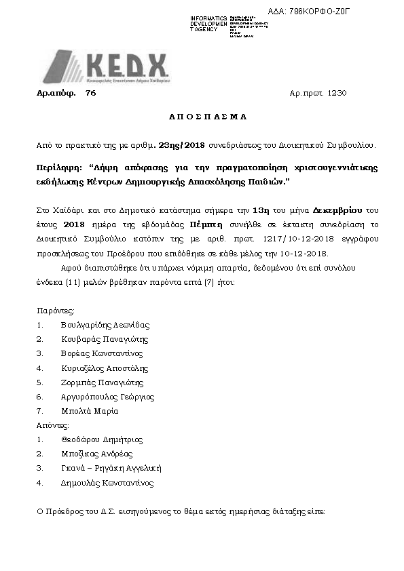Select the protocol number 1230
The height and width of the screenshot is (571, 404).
(337, 93)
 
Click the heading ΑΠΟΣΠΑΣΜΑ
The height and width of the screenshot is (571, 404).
(207, 117)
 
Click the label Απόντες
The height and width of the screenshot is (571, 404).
(54, 425)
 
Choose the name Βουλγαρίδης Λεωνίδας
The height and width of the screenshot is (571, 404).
(105, 325)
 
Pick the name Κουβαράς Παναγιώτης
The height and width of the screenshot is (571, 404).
(104, 339)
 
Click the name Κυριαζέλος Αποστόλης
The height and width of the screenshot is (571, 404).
(104, 368)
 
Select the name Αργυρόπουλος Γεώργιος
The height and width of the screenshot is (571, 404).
(107, 397)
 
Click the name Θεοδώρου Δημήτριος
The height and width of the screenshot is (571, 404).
(100, 439)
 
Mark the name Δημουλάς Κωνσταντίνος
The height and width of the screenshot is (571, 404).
(107, 483)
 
